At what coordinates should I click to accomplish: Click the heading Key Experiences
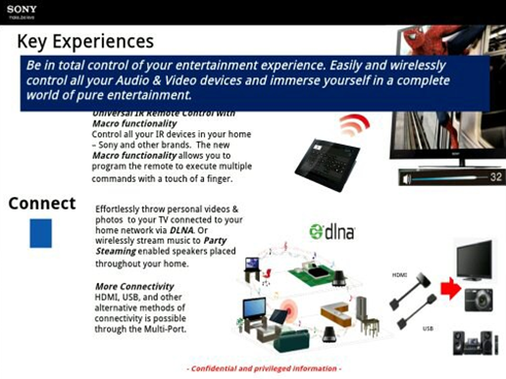85,41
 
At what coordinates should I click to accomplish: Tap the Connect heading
42,203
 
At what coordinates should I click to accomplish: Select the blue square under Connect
40,233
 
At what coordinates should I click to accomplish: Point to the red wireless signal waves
354,126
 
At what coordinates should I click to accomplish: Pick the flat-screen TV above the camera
478,260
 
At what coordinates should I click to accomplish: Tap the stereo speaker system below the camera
478,342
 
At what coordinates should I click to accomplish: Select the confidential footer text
264,368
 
